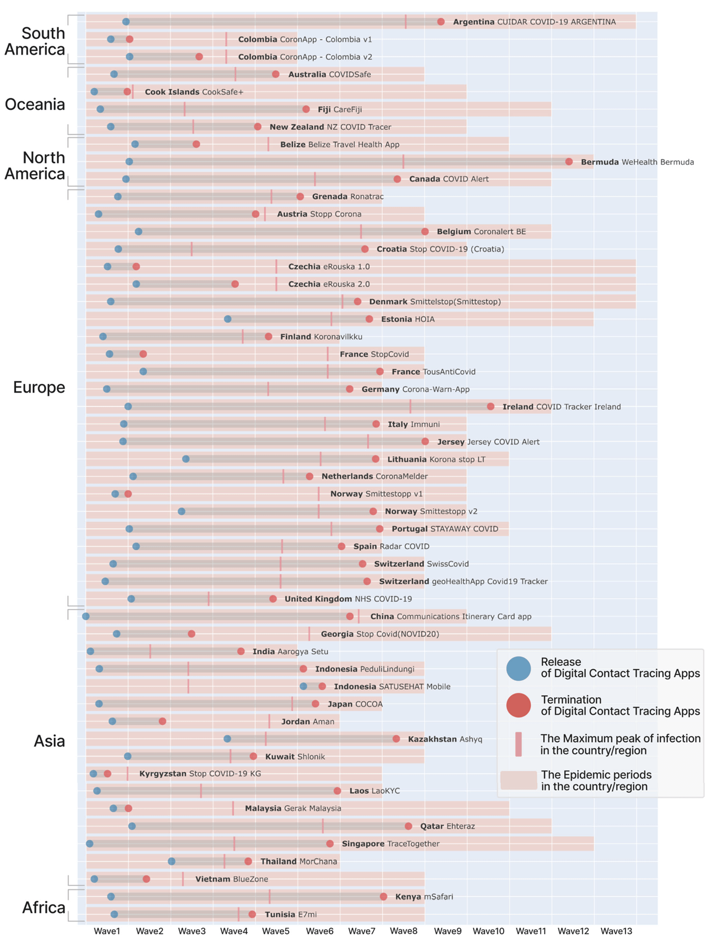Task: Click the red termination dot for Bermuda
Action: (x=569, y=162)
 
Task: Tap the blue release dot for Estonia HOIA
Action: (x=228, y=319)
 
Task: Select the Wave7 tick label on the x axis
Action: (x=362, y=931)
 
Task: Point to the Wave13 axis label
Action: (x=616, y=931)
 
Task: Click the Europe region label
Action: (x=39, y=387)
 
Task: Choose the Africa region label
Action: (x=44, y=907)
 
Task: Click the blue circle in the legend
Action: (x=518, y=669)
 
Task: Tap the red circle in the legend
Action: (x=518, y=706)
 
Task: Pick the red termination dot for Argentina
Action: (x=441, y=22)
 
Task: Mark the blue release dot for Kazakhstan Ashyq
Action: (x=227, y=739)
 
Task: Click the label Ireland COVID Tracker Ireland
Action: (x=561, y=407)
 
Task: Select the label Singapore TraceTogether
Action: (x=390, y=844)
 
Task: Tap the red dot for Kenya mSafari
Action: (x=384, y=896)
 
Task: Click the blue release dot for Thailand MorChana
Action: (x=172, y=861)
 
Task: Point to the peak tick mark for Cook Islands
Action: (x=133, y=92)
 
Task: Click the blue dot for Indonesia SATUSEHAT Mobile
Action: (x=303, y=686)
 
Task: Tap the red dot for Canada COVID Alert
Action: (x=397, y=179)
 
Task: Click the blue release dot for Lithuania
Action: (x=186, y=459)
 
